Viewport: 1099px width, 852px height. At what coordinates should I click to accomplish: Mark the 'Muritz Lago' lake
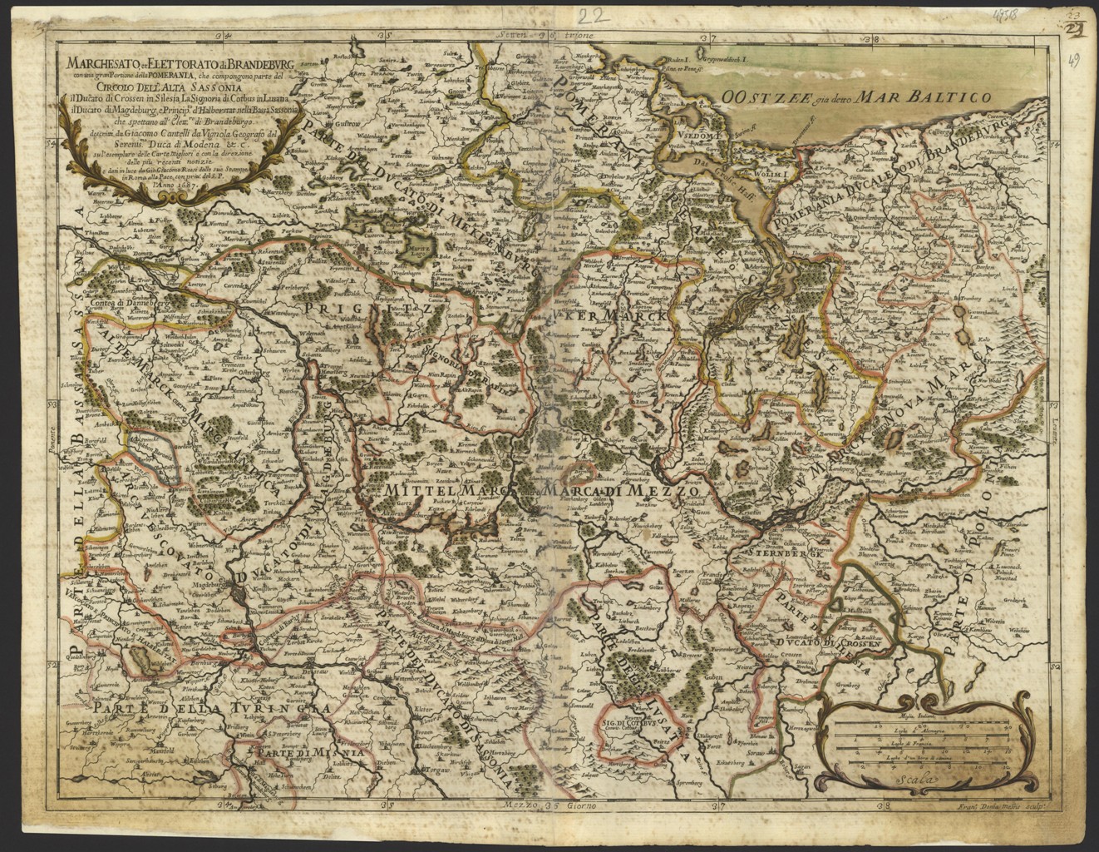pos(414,248)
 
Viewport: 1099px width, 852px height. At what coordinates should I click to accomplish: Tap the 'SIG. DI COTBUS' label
pos(633,724)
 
